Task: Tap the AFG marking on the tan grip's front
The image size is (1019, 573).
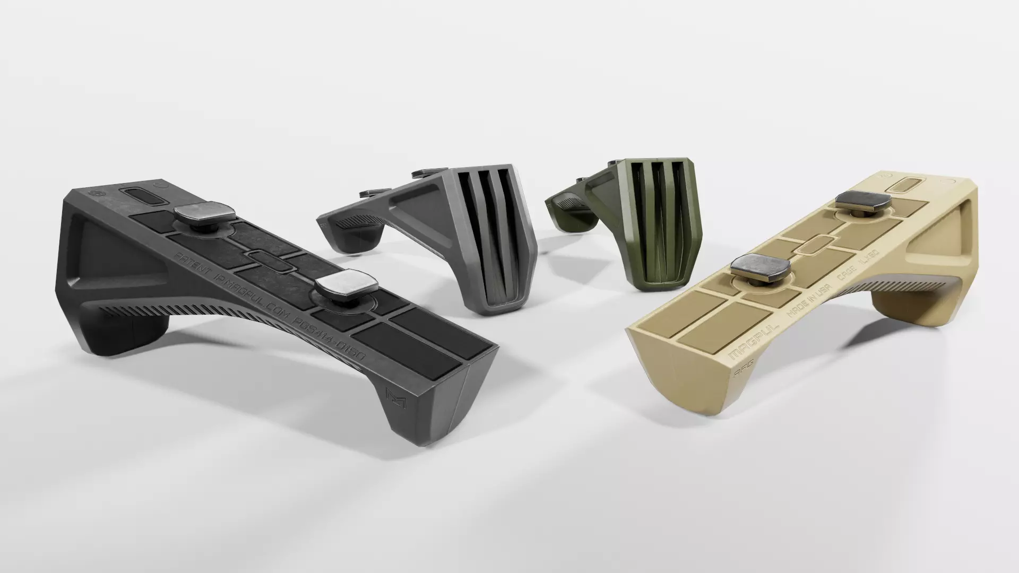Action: (x=741, y=374)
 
